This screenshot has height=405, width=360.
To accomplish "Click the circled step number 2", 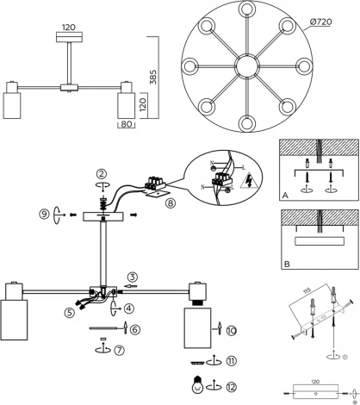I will (101, 172).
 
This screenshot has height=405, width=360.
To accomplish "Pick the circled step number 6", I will (135, 329).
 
